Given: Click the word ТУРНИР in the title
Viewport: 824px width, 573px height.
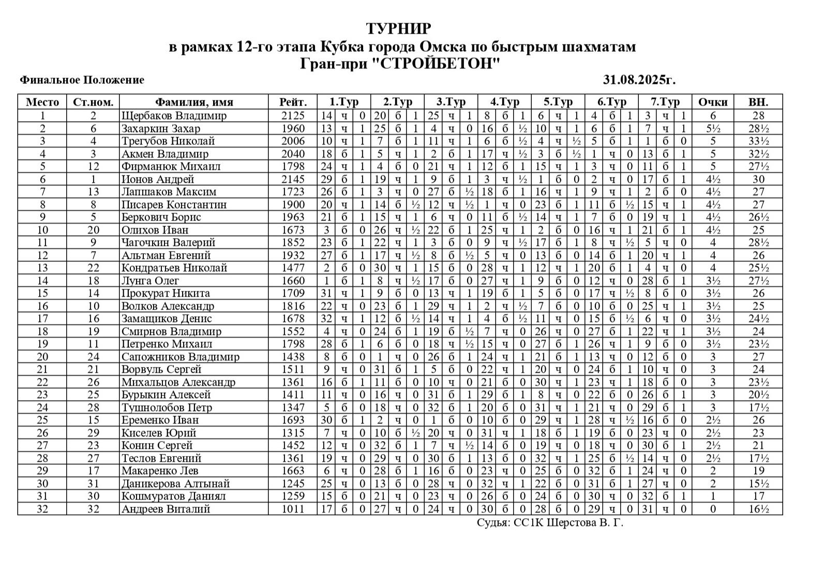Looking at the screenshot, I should [398, 28].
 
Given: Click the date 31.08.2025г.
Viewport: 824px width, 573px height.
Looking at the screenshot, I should [639, 80].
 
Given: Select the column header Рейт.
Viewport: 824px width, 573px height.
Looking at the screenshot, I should [293, 102].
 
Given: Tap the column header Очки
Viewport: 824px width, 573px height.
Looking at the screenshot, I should [713, 102].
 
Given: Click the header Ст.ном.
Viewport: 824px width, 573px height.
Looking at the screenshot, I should [93, 102].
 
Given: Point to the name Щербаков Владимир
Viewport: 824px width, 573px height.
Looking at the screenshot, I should [174, 115].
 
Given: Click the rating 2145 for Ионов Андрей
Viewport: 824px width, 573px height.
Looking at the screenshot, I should [293, 179].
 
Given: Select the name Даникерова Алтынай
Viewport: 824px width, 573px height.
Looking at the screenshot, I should [175, 483].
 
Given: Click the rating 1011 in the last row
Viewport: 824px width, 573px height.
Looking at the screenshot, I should [293, 509].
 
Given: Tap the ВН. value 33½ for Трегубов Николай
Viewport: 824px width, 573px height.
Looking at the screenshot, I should [758, 141].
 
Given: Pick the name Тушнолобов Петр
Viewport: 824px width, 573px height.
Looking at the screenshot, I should [167, 407].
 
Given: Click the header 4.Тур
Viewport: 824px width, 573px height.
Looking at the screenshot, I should [504, 102].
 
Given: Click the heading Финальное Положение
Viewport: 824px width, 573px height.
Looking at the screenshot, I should [82, 80].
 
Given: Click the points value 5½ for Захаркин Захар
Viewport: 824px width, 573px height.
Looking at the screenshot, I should [713, 128].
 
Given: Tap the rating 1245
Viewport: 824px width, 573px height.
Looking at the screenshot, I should [293, 483].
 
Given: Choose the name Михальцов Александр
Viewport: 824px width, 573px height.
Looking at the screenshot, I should [178, 382].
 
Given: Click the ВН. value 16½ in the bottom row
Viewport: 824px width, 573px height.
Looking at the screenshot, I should [758, 509].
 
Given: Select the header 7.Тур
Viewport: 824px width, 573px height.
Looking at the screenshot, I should [665, 102].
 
